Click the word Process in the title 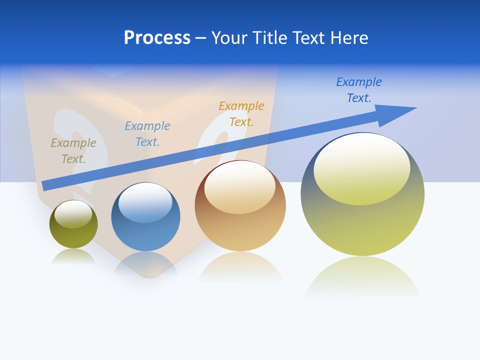click(157, 38)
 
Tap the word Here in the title click(348, 38)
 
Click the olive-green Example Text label click(73, 151)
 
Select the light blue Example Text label click(147, 134)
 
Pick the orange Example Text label click(241, 114)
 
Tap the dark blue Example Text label click(359, 90)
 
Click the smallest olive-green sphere click(73, 235)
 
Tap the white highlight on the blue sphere click(145, 202)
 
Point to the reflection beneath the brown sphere click(240, 267)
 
